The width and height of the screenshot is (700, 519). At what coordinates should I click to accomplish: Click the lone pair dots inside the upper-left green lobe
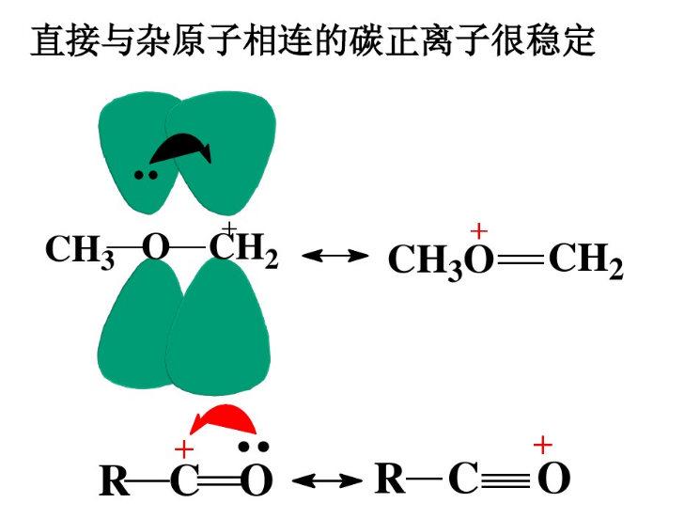coord(146,175)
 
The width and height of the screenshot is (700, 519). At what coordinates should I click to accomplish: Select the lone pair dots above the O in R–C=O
coord(253,446)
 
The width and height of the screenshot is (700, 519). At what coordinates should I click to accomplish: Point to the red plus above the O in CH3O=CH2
coord(479,231)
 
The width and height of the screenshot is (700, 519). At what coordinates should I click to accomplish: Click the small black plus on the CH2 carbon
coord(229,228)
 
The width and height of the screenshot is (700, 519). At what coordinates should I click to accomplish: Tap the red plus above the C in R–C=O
coord(184,449)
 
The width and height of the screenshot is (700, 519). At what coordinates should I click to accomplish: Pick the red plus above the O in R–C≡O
coord(543,446)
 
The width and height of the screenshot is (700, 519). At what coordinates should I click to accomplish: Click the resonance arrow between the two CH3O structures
coord(335,256)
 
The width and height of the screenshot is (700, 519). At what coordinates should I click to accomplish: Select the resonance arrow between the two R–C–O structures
coord(327,480)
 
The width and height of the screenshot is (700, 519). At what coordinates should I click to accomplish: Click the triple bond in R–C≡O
coord(505,480)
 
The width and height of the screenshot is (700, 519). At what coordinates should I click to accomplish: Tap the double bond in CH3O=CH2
coord(521,259)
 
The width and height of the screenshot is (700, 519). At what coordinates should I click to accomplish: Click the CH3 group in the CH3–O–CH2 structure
coord(80,250)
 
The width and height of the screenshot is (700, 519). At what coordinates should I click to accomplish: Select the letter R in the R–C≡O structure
coord(390,479)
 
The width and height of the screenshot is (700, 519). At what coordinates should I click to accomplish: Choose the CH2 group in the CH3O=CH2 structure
coord(585,260)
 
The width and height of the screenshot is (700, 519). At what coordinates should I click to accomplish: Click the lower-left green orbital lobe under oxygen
coord(139,323)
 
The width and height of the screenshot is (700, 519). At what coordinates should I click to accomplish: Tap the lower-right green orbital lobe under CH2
coord(218,328)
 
